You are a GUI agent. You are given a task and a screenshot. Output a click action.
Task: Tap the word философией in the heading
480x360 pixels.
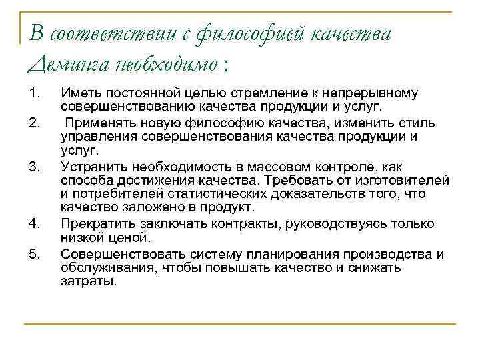[x=237, y=34]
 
